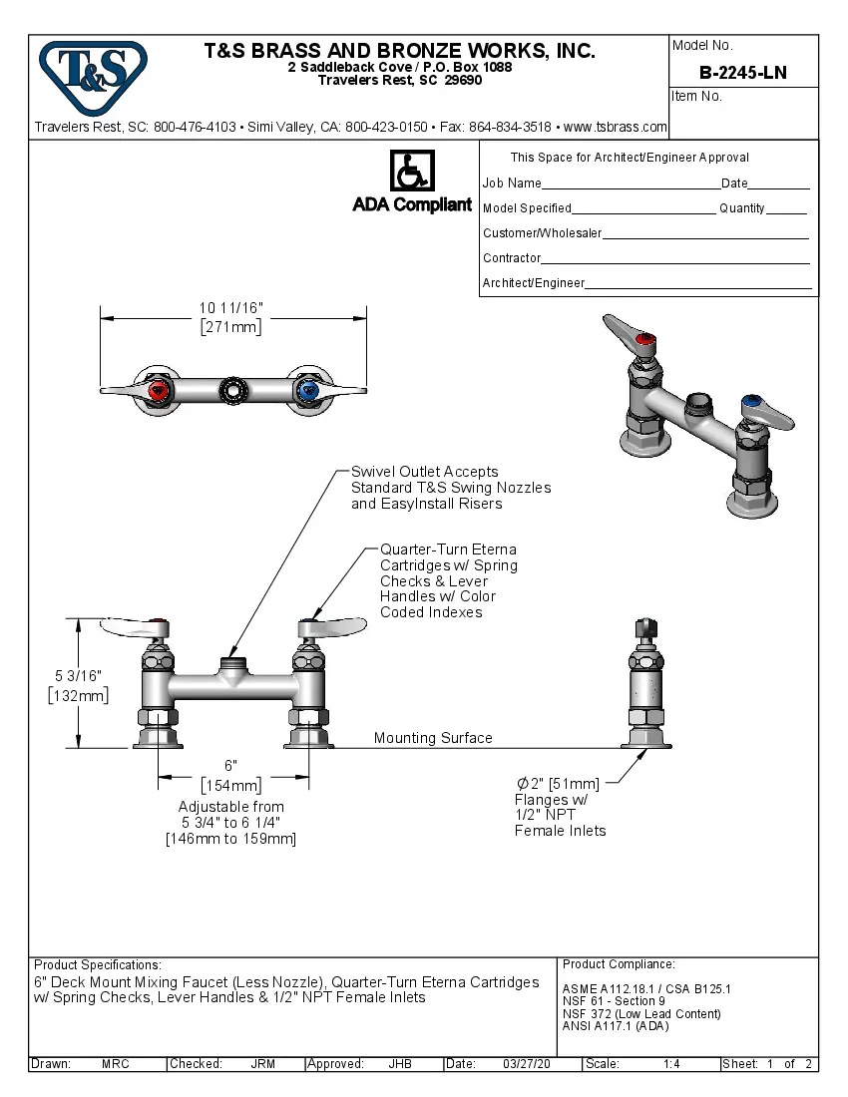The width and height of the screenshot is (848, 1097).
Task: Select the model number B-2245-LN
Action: click(x=742, y=72)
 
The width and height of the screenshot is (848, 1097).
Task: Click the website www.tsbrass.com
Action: click(x=615, y=127)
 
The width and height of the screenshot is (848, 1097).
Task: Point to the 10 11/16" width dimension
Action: click(x=231, y=308)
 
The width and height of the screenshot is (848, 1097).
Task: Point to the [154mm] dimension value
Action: click(x=231, y=785)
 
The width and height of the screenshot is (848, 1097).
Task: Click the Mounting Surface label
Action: click(x=433, y=738)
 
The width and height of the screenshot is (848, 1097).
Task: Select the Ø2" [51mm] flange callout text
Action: click(x=558, y=783)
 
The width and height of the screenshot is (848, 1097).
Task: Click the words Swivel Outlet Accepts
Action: click(x=424, y=472)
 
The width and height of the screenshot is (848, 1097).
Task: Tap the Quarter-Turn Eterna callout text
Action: click(x=448, y=549)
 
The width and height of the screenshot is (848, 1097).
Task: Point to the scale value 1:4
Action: click(x=671, y=1064)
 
